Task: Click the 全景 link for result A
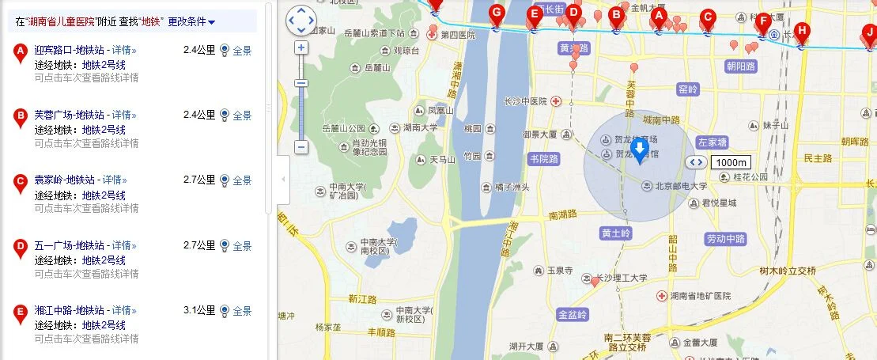pos(242,50)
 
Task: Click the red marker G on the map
pos(496,13)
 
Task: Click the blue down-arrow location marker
pos(641,147)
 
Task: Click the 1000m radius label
pos(728,162)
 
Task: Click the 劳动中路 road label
pos(725,238)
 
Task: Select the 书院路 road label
pos(543,159)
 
